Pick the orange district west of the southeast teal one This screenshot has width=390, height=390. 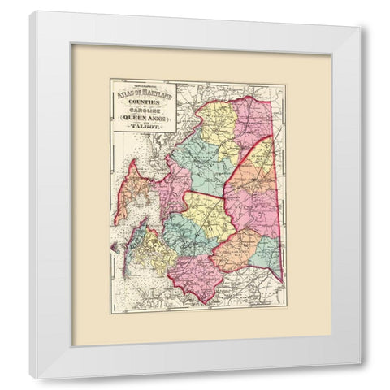(236, 248)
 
